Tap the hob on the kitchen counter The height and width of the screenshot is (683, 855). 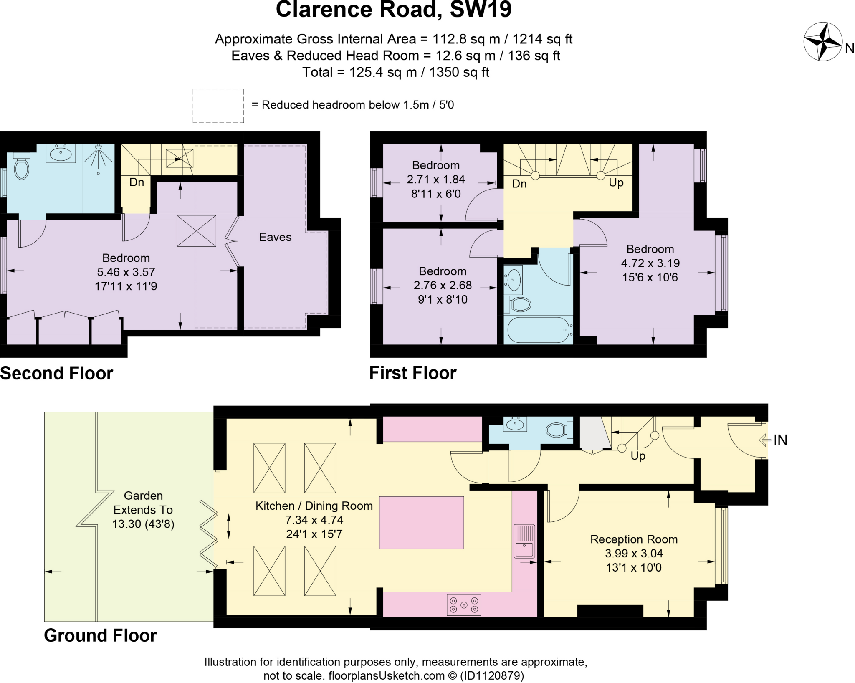pyautogui.click(x=464, y=605)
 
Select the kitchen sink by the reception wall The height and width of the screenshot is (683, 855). pyautogui.click(x=524, y=541)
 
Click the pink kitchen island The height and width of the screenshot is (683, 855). pyautogui.click(x=421, y=522)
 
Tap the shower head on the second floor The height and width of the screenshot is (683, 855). pyautogui.click(x=99, y=147)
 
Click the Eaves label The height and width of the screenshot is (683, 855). pyautogui.click(x=275, y=237)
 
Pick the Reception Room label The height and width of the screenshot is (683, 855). pyautogui.click(x=633, y=539)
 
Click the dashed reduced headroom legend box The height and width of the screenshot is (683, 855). pyautogui.click(x=218, y=106)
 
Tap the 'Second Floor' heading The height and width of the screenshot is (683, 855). pyautogui.click(x=57, y=373)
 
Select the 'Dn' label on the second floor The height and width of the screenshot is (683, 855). pyautogui.click(x=137, y=182)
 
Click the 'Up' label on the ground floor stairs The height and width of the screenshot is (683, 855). pyautogui.click(x=638, y=456)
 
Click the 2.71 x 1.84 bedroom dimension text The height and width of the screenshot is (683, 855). pyautogui.click(x=435, y=180)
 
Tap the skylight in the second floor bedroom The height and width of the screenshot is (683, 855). pyautogui.click(x=196, y=231)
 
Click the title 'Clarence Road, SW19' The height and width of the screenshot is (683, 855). pyautogui.click(x=393, y=10)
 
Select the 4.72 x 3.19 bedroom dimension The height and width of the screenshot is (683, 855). pyautogui.click(x=650, y=263)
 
